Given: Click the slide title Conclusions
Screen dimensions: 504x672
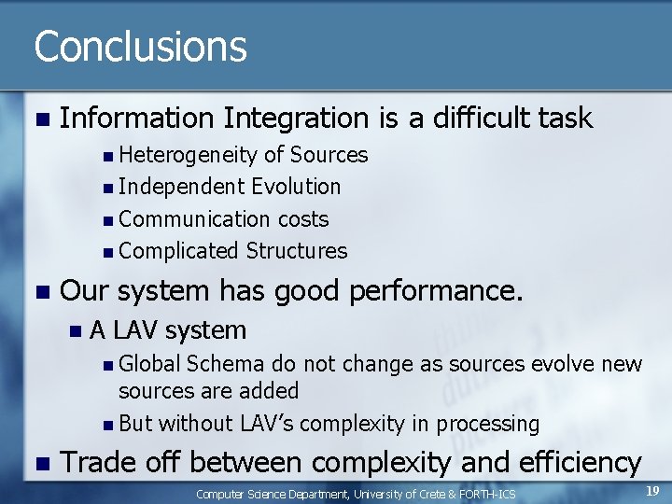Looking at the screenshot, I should pyautogui.click(x=140, y=47).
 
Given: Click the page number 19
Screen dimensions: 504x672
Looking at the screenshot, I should pyautogui.click(x=652, y=490).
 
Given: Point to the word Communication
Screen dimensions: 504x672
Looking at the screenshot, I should pyautogui.click(x=196, y=219).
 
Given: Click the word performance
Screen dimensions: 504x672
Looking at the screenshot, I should pyautogui.click(x=434, y=291).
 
